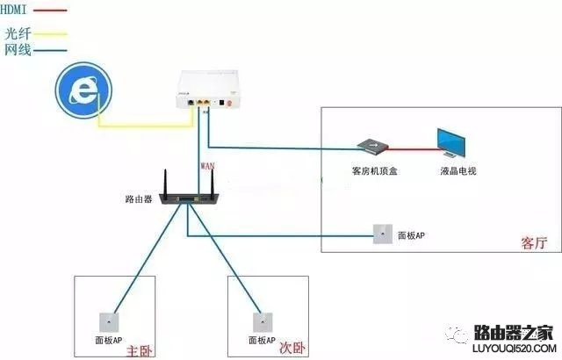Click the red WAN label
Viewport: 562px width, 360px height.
pos(208,164)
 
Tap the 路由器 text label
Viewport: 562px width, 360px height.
pos(140,199)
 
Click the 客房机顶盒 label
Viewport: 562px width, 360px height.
pos(369,170)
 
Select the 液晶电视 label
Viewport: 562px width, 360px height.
pos(458,170)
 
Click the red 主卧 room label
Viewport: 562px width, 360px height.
pos(139,350)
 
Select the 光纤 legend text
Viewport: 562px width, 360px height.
pos(18,32)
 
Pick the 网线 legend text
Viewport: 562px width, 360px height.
pos(18,49)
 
